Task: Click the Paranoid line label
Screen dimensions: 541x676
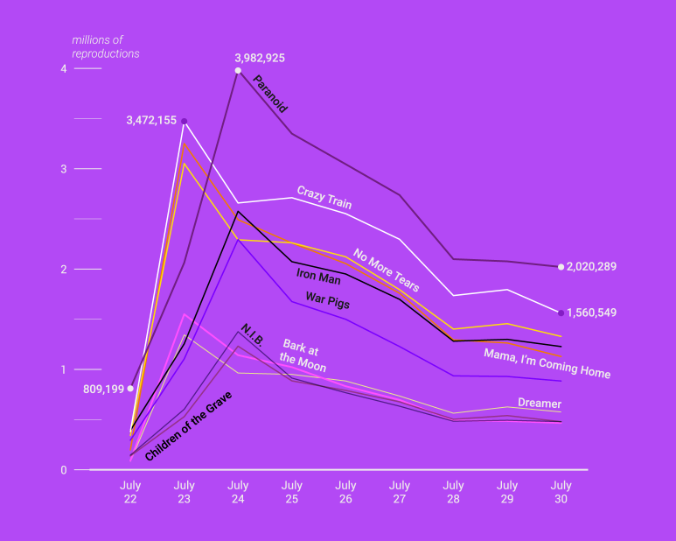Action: point(270,95)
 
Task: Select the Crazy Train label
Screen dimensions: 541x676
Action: point(324,197)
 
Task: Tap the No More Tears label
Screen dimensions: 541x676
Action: point(386,270)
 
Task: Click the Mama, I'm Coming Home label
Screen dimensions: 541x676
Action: point(547,363)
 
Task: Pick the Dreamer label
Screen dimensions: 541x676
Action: point(539,404)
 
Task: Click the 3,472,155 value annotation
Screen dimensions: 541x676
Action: point(151,120)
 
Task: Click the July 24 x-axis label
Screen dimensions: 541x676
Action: point(238,492)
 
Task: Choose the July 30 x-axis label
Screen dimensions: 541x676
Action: point(561,492)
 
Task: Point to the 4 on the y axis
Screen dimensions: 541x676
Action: point(64,69)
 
